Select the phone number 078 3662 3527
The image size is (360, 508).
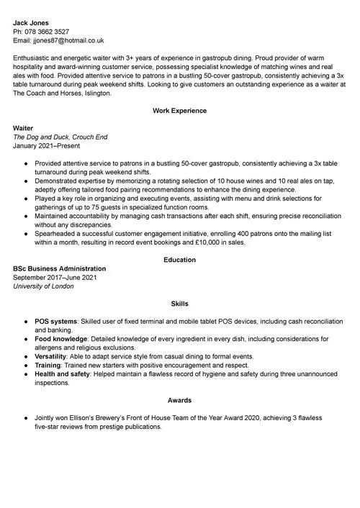tap(47, 32)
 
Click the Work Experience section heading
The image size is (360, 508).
tap(179, 111)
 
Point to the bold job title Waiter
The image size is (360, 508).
tap(24, 127)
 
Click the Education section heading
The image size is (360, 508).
tap(179, 260)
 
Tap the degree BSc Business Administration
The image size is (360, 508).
tap(64, 268)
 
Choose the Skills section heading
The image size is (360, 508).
tap(179, 304)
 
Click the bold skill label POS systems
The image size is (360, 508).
tap(55, 321)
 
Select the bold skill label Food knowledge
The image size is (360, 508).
tap(60, 338)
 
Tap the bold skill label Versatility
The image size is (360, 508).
tap(50, 356)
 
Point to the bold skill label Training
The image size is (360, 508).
tap(48, 366)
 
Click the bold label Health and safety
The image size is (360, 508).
tap(63, 374)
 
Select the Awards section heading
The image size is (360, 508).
tap(179, 400)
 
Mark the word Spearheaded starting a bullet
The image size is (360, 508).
tap(58, 235)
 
